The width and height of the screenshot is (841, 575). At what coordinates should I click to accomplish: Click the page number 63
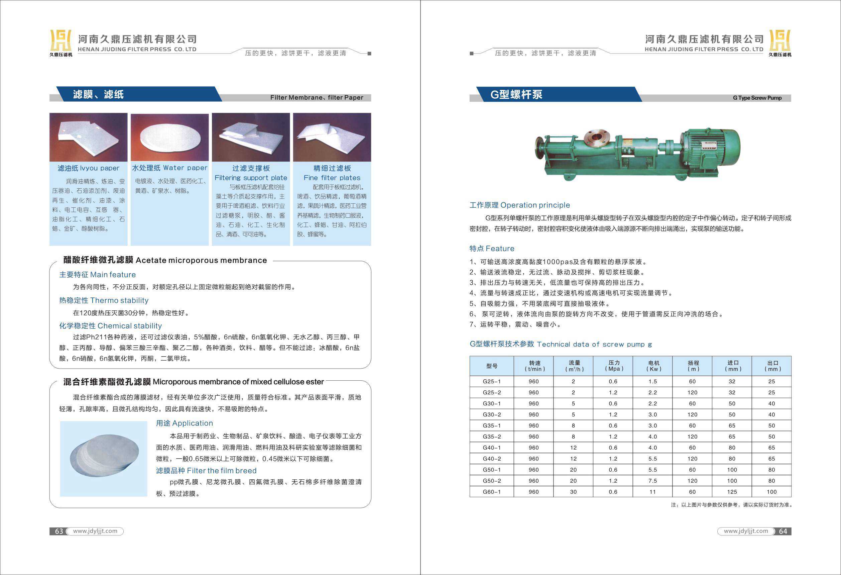pyautogui.click(x=58, y=531)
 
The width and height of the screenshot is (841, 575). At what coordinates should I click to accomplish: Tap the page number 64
pyautogui.click(x=783, y=531)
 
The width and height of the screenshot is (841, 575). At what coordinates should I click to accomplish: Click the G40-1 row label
pyautogui.click(x=491, y=448)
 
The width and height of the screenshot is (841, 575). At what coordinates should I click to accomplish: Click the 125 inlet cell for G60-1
pyautogui.click(x=732, y=492)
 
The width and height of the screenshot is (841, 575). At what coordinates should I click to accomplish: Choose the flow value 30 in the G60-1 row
pyautogui.click(x=573, y=492)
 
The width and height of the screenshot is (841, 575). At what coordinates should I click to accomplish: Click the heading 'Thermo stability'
pyautogui.click(x=104, y=300)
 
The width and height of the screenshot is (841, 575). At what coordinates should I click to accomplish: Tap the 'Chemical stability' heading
pyautogui.click(x=110, y=325)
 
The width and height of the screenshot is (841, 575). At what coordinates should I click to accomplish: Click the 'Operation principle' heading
pyautogui.click(x=519, y=205)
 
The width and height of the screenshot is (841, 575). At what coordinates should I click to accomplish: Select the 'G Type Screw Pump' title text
pyautogui.click(x=757, y=98)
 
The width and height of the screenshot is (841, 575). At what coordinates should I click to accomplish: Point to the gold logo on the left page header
pyautogui.click(x=61, y=40)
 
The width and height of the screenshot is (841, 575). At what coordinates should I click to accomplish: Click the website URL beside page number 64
pyautogui.click(x=745, y=531)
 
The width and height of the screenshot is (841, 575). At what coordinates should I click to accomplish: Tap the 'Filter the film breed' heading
pyautogui.click(x=206, y=470)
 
